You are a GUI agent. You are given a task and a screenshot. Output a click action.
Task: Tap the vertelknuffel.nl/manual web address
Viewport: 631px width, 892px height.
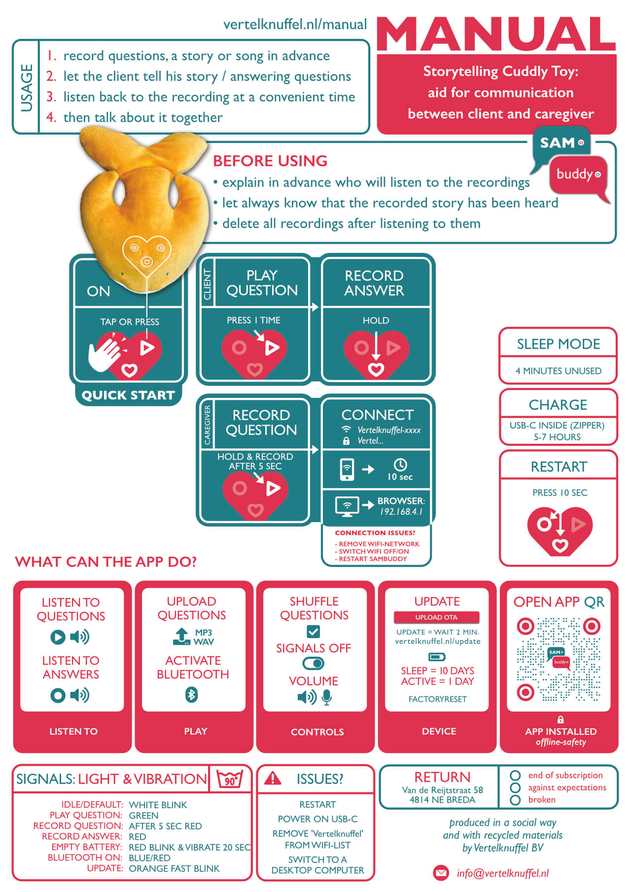click(x=295, y=24)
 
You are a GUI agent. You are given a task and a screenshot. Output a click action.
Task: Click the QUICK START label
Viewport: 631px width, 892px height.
click(x=128, y=395)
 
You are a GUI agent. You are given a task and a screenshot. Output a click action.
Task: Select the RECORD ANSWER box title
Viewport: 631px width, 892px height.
click(x=374, y=283)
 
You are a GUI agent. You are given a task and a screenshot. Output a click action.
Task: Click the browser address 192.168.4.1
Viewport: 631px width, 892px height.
click(x=401, y=512)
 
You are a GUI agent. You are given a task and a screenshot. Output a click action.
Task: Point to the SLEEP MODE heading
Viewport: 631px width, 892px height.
click(x=559, y=344)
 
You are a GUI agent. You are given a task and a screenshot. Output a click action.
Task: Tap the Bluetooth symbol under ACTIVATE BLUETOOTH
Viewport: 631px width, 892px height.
click(x=191, y=695)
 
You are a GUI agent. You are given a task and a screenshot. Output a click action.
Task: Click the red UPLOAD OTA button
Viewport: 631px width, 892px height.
click(x=436, y=617)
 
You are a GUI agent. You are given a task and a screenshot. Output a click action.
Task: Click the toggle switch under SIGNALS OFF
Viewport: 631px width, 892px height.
click(x=313, y=664)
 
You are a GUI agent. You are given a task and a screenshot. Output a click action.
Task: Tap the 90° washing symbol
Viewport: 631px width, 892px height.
click(x=230, y=779)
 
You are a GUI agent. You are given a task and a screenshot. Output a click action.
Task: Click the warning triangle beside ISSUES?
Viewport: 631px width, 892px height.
click(x=273, y=778)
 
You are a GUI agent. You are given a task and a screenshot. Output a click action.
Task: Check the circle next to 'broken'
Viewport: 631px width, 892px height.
click(x=515, y=800)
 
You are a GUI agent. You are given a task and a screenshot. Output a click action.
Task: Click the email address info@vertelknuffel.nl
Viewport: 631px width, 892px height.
click(x=502, y=873)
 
